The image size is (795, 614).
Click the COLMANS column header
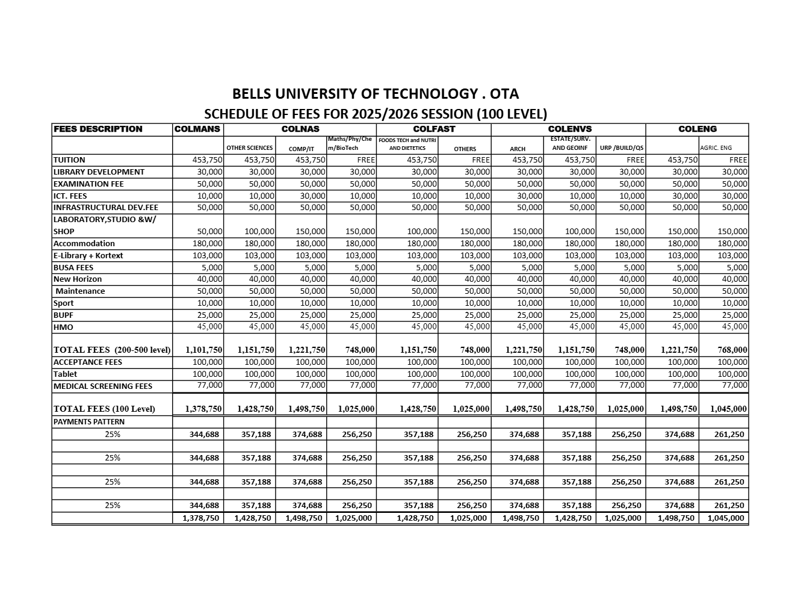[197, 129]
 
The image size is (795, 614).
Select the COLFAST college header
[434, 129]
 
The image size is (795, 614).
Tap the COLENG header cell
[698, 129]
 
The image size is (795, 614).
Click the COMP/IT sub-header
[301, 149]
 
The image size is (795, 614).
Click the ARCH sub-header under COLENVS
[518, 149]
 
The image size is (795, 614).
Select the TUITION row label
[69, 160]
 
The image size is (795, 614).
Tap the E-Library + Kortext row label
[88, 255]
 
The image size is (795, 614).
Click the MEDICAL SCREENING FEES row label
[102, 386]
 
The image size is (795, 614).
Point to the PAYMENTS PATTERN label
[88, 421]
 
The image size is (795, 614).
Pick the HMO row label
[63, 327]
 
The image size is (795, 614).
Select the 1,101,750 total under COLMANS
[203, 350]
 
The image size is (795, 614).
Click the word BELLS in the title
[253, 94]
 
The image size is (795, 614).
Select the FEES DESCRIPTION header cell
[98, 129]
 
